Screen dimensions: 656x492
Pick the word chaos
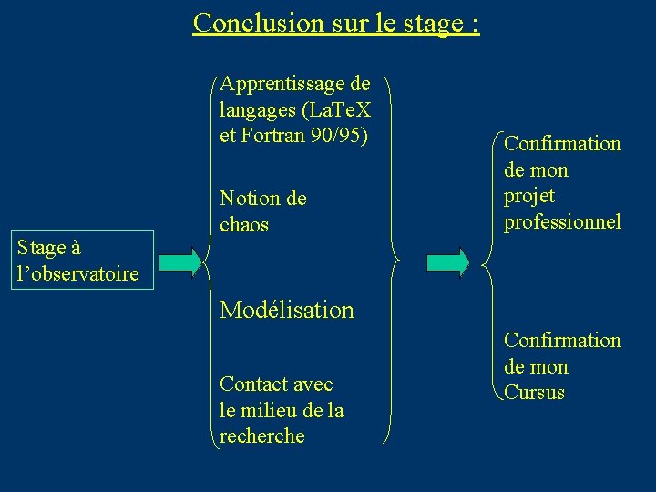pyautogui.click(x=244, y=224)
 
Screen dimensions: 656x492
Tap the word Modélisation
pyautogui.click(x=287, y=310)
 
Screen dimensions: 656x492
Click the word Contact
pyautogui.click(x=252, y=384)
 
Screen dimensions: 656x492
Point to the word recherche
pyautogui.click(x=262, y=436)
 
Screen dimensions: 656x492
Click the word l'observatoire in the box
pyautogui.click(x=77, y=273)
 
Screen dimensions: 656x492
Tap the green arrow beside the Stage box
pyautogui.click(x=179, y=261)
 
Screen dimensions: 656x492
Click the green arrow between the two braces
pyautogui.click(x=448, y=261)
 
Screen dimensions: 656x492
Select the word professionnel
pyautogui.click(x=562, y=222)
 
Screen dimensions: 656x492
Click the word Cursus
pyautogui.click(x=534, y=394)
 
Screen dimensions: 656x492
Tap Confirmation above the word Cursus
pyautogui.click(x=562, y=341)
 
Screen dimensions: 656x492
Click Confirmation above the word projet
pyautogui.click(x=562, y=144)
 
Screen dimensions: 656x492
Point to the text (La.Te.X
pyautogui.click(x=333, y=111)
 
